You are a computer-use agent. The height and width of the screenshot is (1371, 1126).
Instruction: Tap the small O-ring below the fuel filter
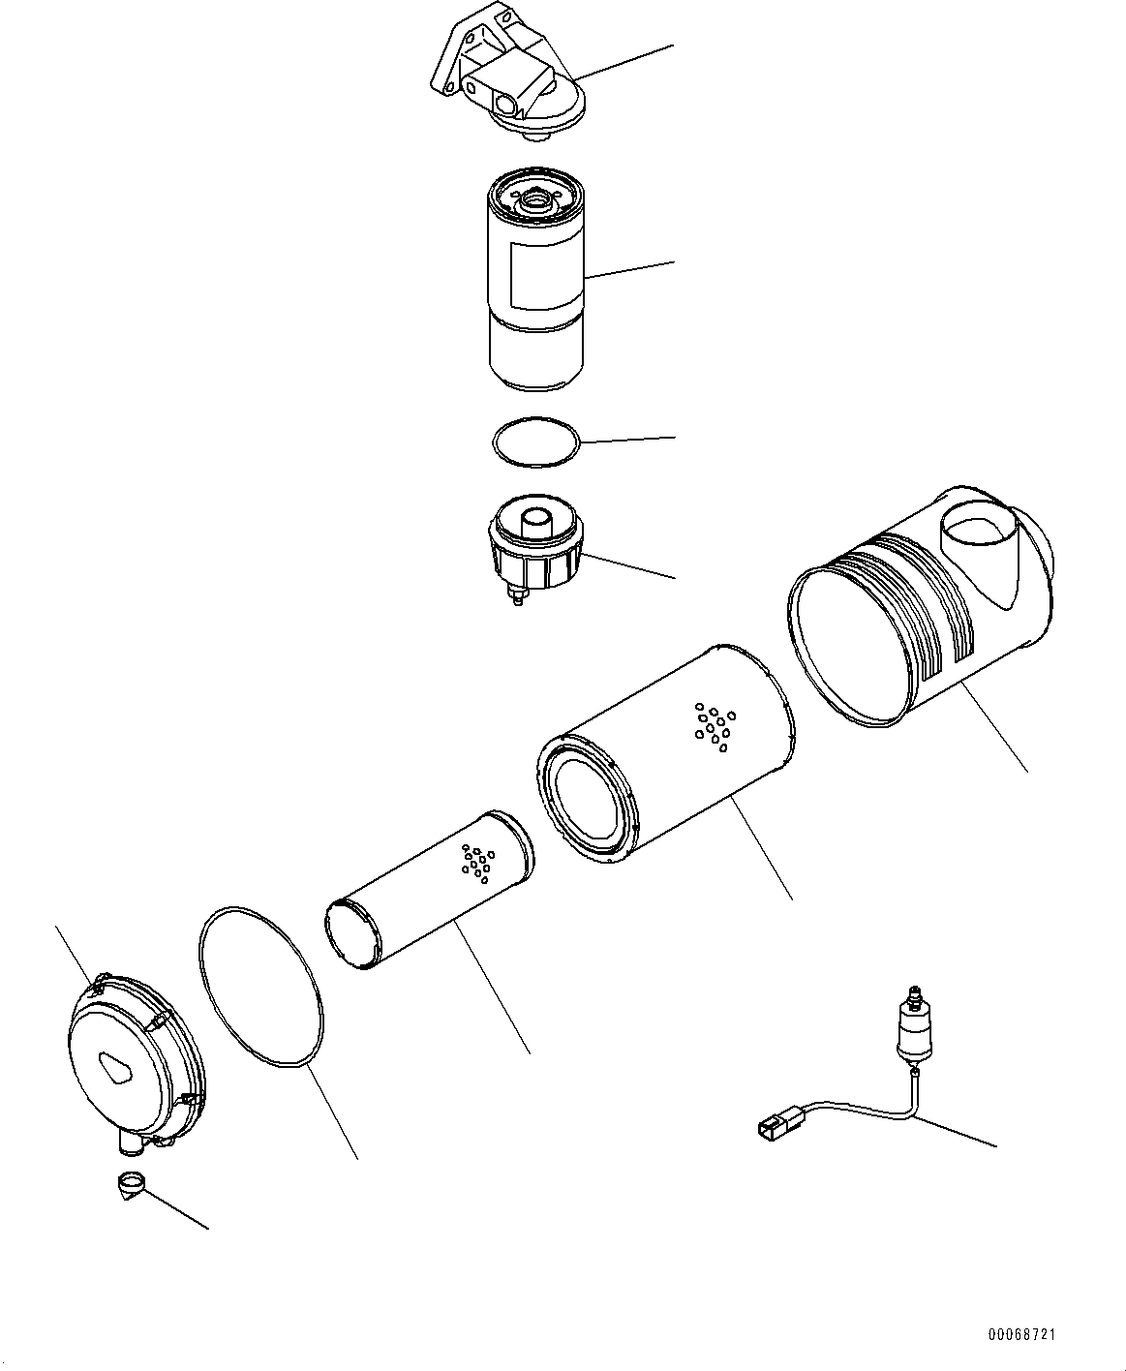[535, 442]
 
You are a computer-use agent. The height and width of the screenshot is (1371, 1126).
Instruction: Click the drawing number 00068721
[1022, 1335]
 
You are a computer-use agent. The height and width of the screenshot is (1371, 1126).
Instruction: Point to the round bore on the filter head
[505, 104]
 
